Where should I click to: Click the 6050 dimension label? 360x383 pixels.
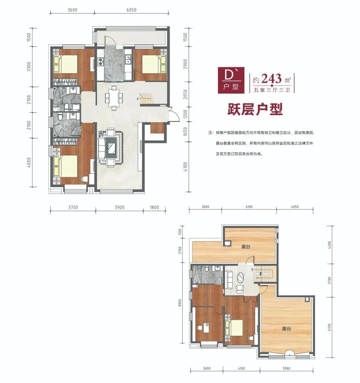coord(131,10)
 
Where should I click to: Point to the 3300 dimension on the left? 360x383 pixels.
coord(29,66)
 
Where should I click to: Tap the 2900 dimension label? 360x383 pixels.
coord(185,64)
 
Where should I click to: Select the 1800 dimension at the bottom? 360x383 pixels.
coord(154,207)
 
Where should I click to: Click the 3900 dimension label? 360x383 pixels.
coord(119,207)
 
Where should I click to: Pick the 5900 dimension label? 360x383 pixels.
coord(286,368)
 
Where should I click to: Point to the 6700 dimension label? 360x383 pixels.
coord(329,327)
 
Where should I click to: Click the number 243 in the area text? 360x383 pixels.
coord(271,79)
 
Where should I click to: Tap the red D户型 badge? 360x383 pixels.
coord(231,80)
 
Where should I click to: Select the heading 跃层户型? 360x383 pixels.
coord(255,109)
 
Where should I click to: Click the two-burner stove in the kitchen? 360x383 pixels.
coord(100,62)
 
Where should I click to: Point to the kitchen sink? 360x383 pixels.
coord(128,59)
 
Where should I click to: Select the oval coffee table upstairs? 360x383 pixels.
coord(240,277)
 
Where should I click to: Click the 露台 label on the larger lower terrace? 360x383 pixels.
coord(286,329)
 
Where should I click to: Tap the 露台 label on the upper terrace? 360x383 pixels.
coord(246,247)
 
